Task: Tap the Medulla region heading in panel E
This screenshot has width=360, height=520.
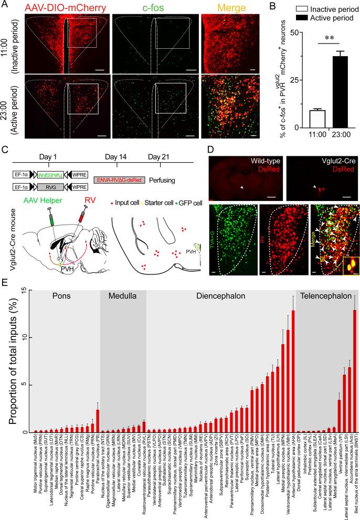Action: [122, 295]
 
